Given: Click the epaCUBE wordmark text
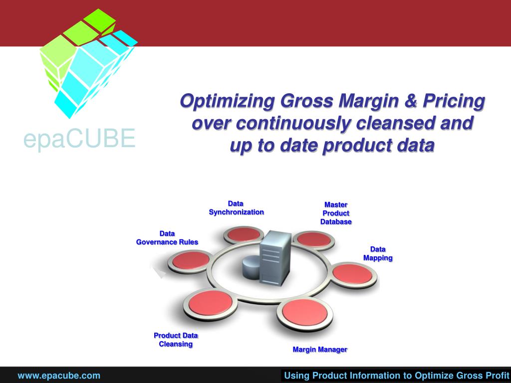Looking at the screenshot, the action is [79, 139].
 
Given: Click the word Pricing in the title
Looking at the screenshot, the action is [454, 101].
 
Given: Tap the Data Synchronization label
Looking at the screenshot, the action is [236, 208].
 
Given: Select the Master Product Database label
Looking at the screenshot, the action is [336, 213].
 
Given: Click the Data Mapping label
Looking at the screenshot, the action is [378, 254].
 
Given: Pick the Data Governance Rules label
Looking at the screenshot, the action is [167, 238].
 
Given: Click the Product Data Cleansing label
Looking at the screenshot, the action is [176, 340].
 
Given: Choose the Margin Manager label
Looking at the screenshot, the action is [320, 350].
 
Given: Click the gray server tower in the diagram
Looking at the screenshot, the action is [275, 258].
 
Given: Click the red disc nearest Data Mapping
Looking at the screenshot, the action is [352, 274].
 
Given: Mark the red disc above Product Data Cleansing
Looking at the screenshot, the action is [211, 303].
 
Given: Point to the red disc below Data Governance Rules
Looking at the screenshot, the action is [191, 260].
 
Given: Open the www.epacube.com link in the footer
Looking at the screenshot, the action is [59, 376].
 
